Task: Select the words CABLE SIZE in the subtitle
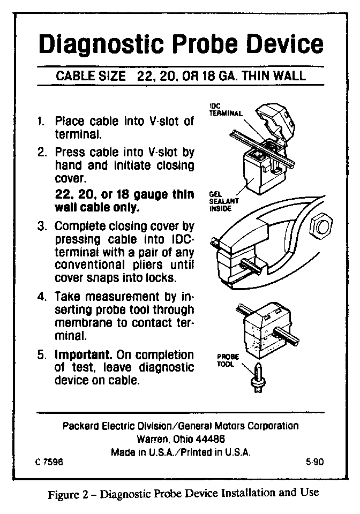pyautogui.click(x=91, y=76)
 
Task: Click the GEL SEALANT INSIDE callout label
pyautogui.click(x=223, y=201)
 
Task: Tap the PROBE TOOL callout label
pyautogui.click(x=228, y=360)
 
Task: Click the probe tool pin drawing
pyautogui.click(x=258, y=377)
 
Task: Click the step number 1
pyautogui.click(x=40, y=122)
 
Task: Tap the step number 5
pyautogui.click(x=41, y=355)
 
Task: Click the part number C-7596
pyautogui.click(x=49, y=462)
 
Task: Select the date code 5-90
pyautogui.click(x=315, y=462)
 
